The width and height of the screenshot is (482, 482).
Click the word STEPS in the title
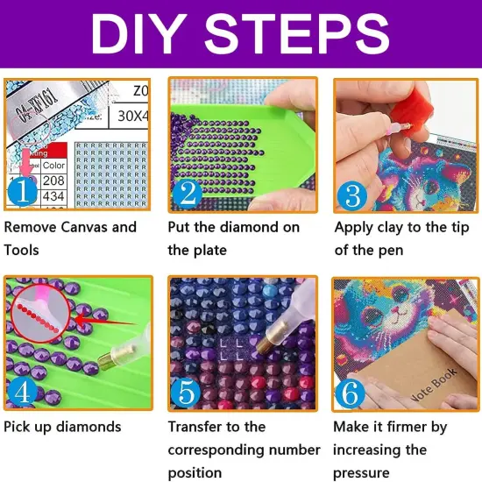click(x=306, y=35)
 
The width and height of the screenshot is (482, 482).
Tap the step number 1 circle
click(x=25, y=189)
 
